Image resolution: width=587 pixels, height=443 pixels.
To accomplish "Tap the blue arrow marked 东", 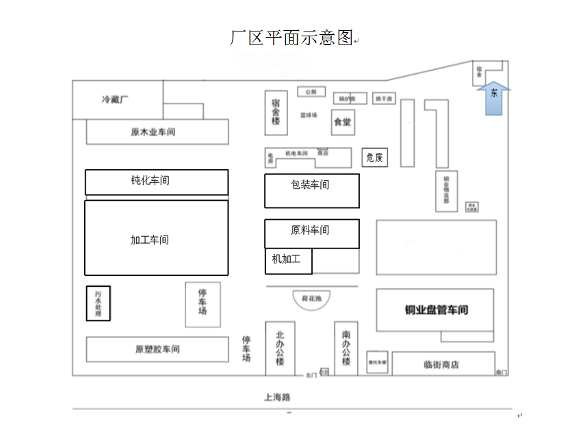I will [493, 97].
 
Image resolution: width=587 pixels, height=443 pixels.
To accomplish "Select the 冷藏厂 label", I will [115, 99].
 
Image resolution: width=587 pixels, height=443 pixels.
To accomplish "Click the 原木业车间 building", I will [157, 132].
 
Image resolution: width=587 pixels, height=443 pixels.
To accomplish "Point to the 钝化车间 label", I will [150, 181].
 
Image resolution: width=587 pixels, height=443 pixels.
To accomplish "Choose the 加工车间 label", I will [149, 240].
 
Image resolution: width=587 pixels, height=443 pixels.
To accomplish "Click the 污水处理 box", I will [98, 303].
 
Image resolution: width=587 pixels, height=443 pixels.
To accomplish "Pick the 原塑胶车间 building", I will [157, 349].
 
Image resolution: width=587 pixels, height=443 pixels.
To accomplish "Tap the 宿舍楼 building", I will [276, 112].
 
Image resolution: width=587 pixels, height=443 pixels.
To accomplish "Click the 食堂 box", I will [342, 122].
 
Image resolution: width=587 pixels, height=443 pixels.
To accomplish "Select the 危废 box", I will [374, 157].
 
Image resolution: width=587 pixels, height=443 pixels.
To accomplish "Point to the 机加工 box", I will [287, 260].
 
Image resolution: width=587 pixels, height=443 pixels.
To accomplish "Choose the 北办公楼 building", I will [280, 348].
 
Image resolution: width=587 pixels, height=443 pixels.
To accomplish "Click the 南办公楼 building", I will [346, 348].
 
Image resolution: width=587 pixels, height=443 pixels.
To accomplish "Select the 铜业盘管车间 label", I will [436, 310].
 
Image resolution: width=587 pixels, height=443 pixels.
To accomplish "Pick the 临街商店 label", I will [441, 365].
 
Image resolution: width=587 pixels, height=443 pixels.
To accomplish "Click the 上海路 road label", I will [277, 396].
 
